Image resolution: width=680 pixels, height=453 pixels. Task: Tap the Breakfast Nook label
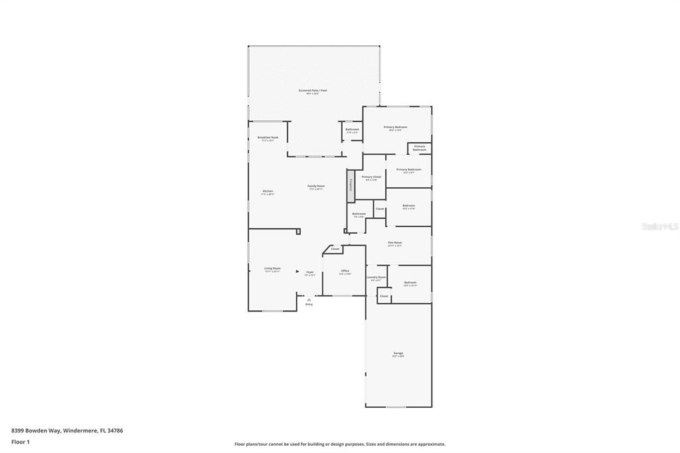pos(268,138)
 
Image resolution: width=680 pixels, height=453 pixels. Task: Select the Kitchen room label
pos(268,192)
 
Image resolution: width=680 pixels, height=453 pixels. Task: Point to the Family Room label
pos(315,187)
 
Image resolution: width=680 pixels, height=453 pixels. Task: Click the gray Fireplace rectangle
pos(351,186)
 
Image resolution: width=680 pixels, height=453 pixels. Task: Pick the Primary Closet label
pos(371,178)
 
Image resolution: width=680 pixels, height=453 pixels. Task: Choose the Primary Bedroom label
pos(395,128)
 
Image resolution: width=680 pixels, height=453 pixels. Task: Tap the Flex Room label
pos(394,244)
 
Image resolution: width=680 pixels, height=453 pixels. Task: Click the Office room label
pos(345,272)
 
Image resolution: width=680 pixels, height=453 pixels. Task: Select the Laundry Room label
pos(376,278)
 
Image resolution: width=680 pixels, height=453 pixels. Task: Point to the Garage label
pos(398,354)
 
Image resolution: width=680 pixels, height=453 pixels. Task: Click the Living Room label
pos(272,269)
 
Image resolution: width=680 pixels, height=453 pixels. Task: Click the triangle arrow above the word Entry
pos(309,300)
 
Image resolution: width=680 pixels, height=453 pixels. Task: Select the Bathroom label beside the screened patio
pos(352,130)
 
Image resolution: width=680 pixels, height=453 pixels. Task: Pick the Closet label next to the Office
pos(335,249)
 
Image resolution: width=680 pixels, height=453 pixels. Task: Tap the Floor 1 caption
pos(21,442)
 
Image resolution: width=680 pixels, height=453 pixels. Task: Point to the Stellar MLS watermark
pos(659,226)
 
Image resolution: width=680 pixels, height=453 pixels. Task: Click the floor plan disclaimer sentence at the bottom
pos(339,444)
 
